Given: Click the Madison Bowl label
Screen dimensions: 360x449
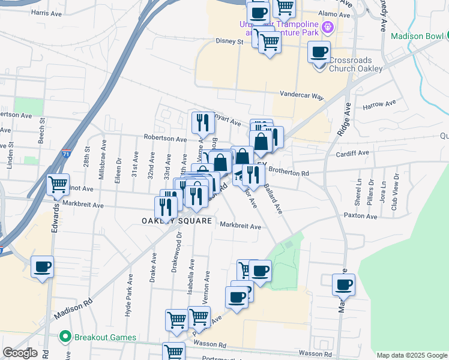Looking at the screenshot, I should pyautogui.click(x=419, y=36).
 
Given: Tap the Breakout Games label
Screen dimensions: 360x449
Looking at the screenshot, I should pyautogui.click(x=105, y=337).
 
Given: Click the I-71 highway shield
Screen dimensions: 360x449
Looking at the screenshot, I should pyautogui.click(x=66, y=154).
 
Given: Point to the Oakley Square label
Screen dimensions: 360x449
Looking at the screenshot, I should pyautogui.click(x=176, y=221).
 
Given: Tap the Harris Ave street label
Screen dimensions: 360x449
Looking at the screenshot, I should pyautogui.click(x=47, y=12).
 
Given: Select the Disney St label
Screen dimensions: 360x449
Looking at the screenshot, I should pyautogui.click(x=229, y=42).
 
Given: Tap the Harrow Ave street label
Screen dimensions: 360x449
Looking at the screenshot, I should pyautogui.click(x=379, y=104).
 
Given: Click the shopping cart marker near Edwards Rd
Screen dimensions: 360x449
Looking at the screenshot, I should pyautogui.click(x=58, y=184).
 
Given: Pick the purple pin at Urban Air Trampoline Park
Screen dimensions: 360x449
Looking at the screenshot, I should pyautogui.click(x=327, y=27).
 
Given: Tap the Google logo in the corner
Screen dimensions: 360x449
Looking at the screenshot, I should pyautogui.click(x=20, y=353).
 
